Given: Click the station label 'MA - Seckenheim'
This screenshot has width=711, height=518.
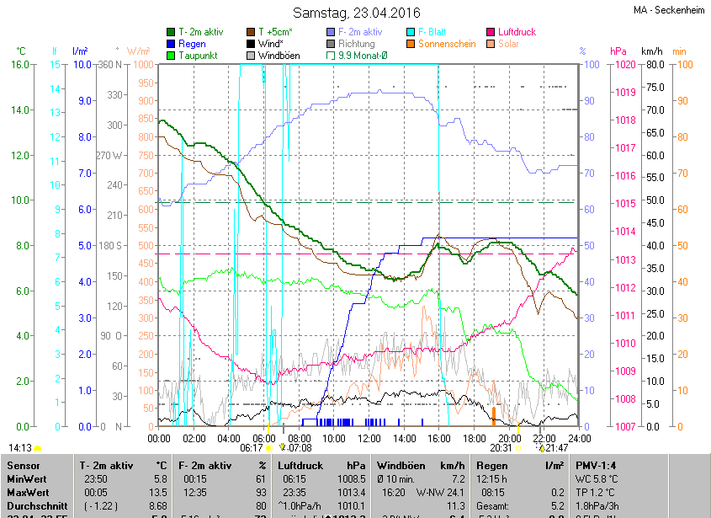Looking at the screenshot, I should (x=671, y=10).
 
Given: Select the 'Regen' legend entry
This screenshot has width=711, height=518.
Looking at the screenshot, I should (x=191, y=44).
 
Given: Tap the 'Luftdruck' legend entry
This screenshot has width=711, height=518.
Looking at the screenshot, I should (x=516, y=32).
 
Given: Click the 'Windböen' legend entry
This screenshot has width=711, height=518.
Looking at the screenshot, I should (x=279, y=56).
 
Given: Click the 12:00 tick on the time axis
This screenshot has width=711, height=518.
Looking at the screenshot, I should (x=369, y=439).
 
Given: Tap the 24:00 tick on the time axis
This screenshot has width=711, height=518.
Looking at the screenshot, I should (x=578, y=439).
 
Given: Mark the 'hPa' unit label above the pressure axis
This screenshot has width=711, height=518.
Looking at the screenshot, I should (x=618, y=51).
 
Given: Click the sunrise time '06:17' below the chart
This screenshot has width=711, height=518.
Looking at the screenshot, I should (x=252, y=448).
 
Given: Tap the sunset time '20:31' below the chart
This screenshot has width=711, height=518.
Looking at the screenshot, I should (x=489, y=448).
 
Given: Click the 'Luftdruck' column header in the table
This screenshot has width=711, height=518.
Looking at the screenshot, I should (x=300, y=465).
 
